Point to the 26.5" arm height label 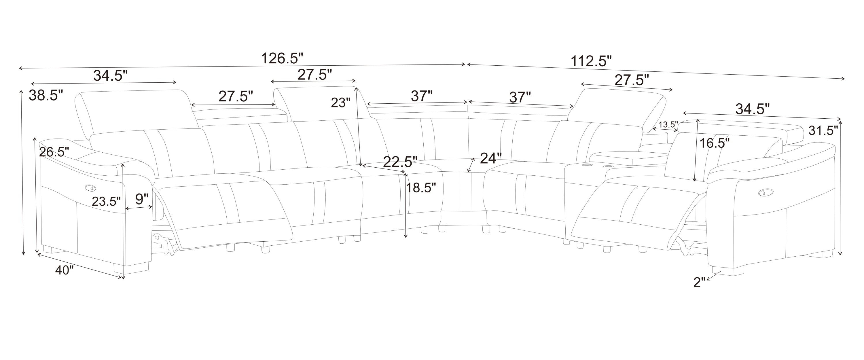coord(54,152)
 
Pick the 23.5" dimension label coord(106,201)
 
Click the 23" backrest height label coord(341,103)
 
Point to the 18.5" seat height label coord(421,187)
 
